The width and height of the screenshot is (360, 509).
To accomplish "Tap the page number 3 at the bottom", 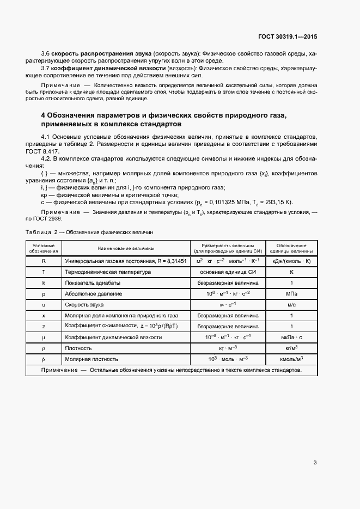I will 315,463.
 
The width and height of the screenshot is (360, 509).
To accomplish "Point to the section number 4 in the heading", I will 44,116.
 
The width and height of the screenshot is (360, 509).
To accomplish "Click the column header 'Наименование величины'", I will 125,248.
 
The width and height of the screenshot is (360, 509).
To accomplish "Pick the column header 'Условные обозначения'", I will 44,248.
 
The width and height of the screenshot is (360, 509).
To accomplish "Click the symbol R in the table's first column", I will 44,261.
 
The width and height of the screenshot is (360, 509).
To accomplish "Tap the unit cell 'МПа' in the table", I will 291,294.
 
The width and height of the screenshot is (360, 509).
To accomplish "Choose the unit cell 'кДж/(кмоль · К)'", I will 291,261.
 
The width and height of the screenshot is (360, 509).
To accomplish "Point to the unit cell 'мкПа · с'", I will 291,338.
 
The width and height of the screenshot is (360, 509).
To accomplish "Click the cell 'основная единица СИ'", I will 228,272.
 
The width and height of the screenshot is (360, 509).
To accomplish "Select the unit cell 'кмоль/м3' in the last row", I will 291,359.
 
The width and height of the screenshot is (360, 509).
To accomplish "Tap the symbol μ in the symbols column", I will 44,338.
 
